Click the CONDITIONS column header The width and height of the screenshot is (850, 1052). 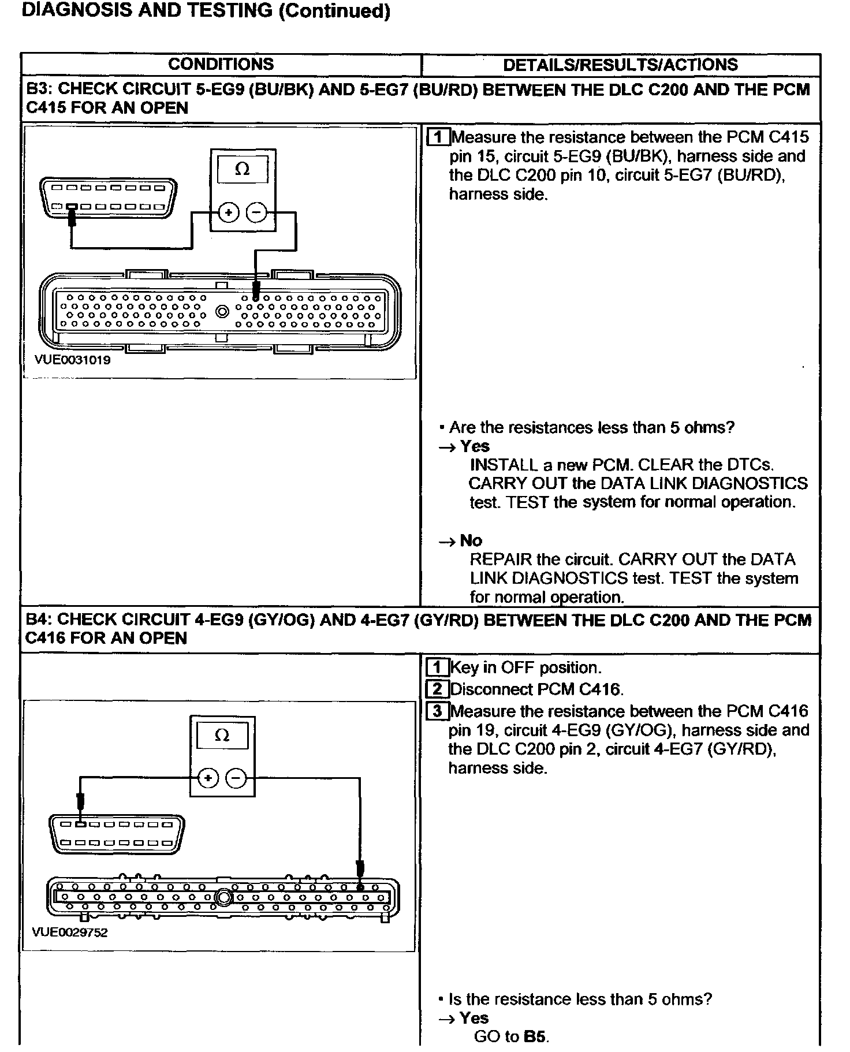coord(221,64)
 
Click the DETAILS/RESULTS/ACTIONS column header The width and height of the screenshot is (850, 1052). coord(620,64)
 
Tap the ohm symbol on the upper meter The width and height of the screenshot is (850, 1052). coord(243,170)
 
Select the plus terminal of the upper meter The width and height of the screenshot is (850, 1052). coord(229,213)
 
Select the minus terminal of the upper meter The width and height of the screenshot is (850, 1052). coord(256,213)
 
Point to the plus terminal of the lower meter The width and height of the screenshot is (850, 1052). coord(208,779)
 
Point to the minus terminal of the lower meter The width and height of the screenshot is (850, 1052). coord(235,779)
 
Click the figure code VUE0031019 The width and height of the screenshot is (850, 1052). coord(72,360)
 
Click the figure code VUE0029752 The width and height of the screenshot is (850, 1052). coord(70,932)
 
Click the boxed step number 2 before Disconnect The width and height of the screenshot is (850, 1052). coord(437,689)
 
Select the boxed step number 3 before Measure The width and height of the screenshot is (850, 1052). coord(437,711)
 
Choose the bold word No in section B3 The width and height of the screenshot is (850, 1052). coord(471,540)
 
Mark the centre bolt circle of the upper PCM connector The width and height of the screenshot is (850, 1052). coord(222,312)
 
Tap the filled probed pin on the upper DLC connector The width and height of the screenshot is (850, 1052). coord(72,206)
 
